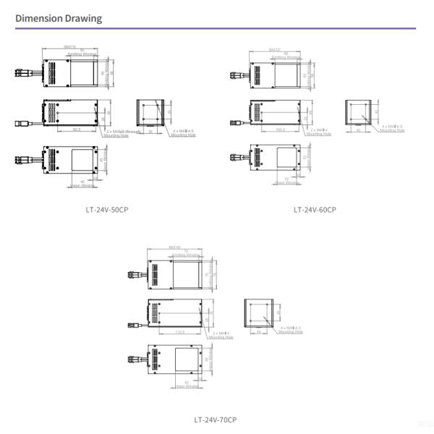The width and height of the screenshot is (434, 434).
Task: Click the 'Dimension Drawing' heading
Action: click(59, 18)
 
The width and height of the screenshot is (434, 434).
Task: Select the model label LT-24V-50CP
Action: click(107, 210)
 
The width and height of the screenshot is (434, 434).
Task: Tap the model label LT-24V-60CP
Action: click(315, 210)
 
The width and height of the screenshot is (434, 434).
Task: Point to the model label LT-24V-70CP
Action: click(215, 419)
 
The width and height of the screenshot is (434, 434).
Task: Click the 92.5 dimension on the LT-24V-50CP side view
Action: click(77, 130)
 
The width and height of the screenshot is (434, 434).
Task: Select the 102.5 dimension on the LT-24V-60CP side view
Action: click(281, 130)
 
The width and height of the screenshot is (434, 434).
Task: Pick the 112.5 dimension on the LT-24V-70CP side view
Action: click(180, 332)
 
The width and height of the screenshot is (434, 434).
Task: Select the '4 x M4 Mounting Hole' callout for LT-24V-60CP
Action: click(392, 128)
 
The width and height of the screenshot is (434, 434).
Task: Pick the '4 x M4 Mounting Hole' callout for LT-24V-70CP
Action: click(291, 330)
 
